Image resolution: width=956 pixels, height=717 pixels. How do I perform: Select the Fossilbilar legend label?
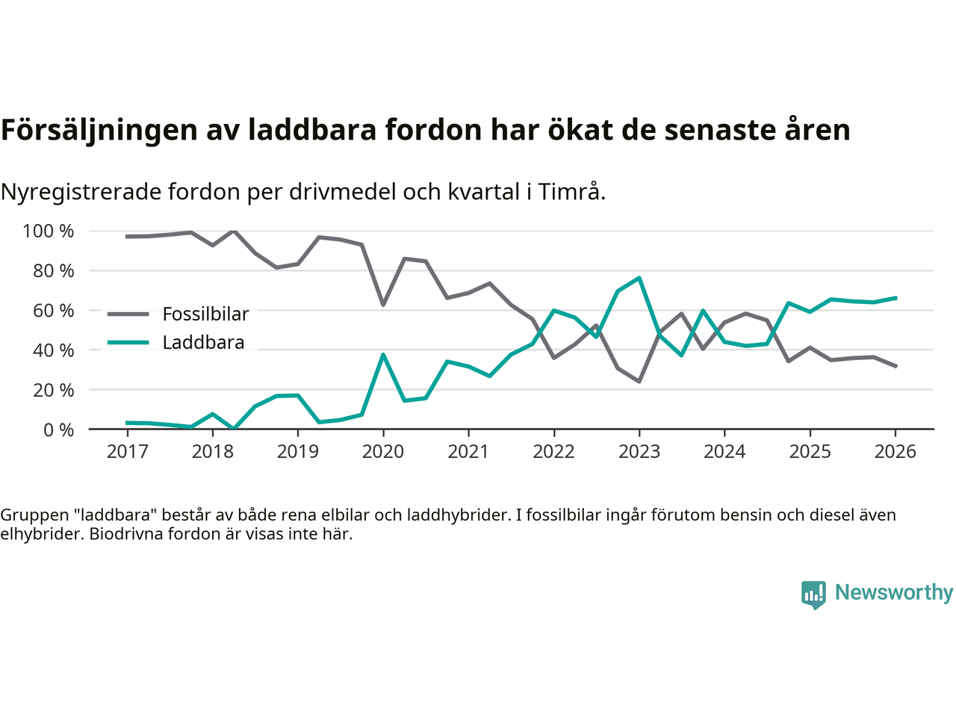pyautogui.click(x=205, y=314)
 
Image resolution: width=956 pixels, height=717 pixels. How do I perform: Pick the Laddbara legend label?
pyautogui.click(x=203, y=343)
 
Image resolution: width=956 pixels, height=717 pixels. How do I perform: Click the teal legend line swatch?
pyautogui.click(x=128, y=343)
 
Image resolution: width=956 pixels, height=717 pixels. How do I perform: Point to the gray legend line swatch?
pyautogui.click(x=128, y=314)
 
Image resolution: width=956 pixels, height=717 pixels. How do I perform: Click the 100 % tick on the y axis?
pyautogui.click(x=49, y=232)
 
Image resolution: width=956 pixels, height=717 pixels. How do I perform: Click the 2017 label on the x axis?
pyautogui.click(x=127, y=452)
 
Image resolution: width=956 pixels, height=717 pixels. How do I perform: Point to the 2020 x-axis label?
pyautogui.click(x=383, y=452)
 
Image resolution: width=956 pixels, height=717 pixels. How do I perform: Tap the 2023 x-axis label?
pyautogui.click(x=639, y=452)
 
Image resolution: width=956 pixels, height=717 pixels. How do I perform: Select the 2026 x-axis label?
pyautogui.click(x=896, y=452)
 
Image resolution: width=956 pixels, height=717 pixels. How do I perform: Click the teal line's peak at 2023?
pyautogui.click(x=639, y=278)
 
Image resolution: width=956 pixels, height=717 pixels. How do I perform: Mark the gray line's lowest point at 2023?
pyautogui.click(x=639, y=382)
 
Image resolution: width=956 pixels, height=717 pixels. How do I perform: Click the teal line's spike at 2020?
pyautogui.click(x=383, y=355)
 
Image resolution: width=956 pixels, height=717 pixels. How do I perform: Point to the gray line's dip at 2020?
pyautogui.click(x=383, y=305)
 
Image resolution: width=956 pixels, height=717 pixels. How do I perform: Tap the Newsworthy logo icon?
pyautogui.click(x=813, y=595)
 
